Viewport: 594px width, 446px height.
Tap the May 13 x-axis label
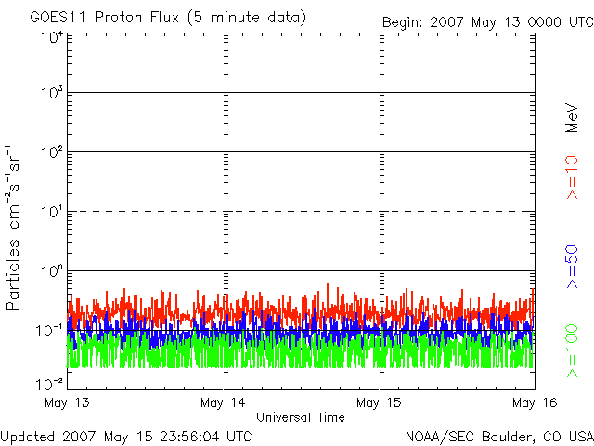tap(67, 402)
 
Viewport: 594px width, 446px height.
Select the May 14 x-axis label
tap(223, 402)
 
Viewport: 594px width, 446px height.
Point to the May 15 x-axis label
tap(379, 402)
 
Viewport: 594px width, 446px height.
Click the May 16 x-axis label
tap(535, 402)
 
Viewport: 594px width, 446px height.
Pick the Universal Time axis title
tap(301, 417)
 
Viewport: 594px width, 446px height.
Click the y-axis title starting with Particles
tap(12, 228)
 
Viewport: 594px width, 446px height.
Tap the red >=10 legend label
tap(572, 177)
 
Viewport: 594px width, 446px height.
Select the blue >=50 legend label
tap(572, 267)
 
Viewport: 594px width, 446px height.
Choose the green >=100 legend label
tap(572, 351)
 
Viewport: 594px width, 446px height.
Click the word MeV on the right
tap(572, 118)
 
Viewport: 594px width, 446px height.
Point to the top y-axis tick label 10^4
tap(52, 37)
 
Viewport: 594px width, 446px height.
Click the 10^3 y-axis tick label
tap(52, 92)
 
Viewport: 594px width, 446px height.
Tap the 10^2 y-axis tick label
tap(52, 152)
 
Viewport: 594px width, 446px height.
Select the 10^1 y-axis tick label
tap(52, 212)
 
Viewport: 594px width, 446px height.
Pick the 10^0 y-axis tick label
tap(52, 271)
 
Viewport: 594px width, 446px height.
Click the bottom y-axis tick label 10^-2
tap(49, 384)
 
